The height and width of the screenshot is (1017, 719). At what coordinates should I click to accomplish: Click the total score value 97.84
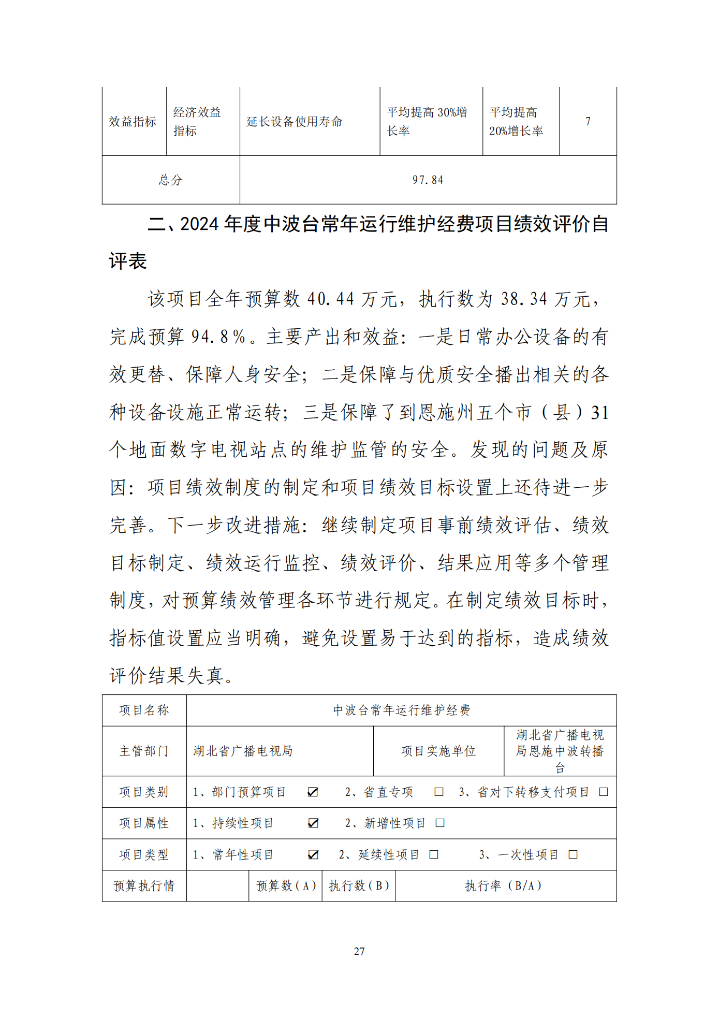(x=428, y=180)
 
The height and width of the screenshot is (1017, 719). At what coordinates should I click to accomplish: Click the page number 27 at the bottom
(x=359, y=951)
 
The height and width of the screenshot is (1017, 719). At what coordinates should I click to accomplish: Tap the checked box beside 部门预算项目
(x=313, y=792)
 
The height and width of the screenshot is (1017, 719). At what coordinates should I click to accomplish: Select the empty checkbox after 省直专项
(x=439, y=792)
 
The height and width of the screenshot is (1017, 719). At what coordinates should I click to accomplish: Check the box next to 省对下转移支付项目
(x=604, y=792)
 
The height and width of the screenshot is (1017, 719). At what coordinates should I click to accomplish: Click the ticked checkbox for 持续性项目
(x=313, y=823)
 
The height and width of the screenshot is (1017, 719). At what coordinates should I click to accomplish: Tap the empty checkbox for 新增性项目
(x=440, y=823)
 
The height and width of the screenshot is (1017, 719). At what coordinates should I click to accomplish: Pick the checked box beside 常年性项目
(x=313, y=854)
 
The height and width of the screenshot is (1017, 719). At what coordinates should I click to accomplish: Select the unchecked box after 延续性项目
(x=434, y=854)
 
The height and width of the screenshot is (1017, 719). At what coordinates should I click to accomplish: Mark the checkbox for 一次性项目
(x=573, y=854)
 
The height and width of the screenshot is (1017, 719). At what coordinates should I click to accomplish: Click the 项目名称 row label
(x=144, y=710)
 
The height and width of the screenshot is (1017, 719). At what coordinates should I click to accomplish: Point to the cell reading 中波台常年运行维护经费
(x=401, y=710)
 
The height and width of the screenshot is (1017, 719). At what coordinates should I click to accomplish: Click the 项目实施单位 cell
(x=438, y=751)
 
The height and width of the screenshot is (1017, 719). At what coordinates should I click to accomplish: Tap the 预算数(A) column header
(x=286, y=886)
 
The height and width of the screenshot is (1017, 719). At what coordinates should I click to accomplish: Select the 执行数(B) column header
(x=359, y=886)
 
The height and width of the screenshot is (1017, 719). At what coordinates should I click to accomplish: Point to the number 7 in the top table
(x=588, y=121)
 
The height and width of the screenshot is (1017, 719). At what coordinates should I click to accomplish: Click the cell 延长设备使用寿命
(x=295, y=122)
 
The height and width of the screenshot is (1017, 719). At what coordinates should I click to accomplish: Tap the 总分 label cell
(x=171, y=180)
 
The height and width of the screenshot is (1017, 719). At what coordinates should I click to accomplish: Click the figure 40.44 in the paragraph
(x=330, y=299)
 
